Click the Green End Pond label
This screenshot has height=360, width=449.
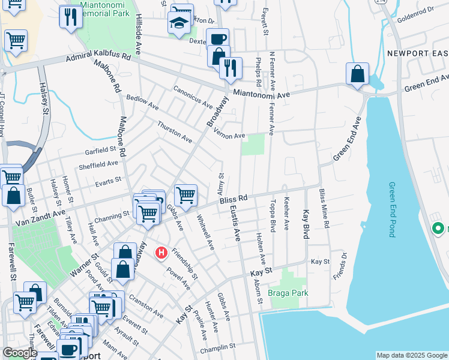coord(392,209)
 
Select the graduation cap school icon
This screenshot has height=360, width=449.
coord(178,25)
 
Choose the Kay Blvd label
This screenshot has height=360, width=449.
coord(306,224)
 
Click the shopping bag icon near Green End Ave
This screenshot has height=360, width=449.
coord(357,75)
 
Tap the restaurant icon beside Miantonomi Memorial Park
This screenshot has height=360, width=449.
coord(70,18)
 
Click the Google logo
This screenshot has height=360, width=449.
coord(20,352)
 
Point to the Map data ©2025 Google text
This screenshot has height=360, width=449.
coord(412,355)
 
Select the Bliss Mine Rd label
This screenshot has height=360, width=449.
coord(325,208)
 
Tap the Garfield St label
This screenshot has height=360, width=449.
coord(100,149)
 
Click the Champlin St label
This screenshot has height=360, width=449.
coord(218,347)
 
